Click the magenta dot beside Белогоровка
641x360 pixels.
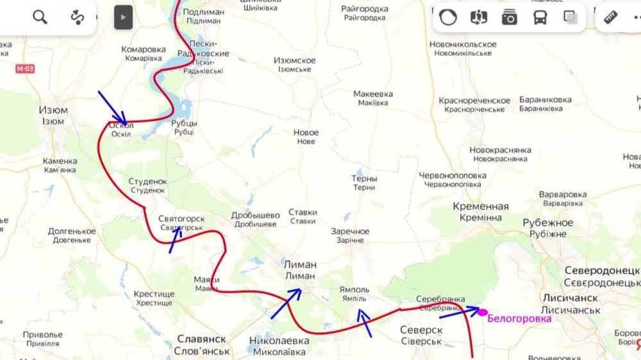click(483, 313)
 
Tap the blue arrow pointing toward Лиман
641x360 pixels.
click(286, 304)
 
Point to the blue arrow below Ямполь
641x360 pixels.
click(364, 323)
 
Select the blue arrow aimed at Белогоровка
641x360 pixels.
click(458, 313)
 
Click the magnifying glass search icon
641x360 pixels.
click(40, 17)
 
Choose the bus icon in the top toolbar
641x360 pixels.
click(540, 17)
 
